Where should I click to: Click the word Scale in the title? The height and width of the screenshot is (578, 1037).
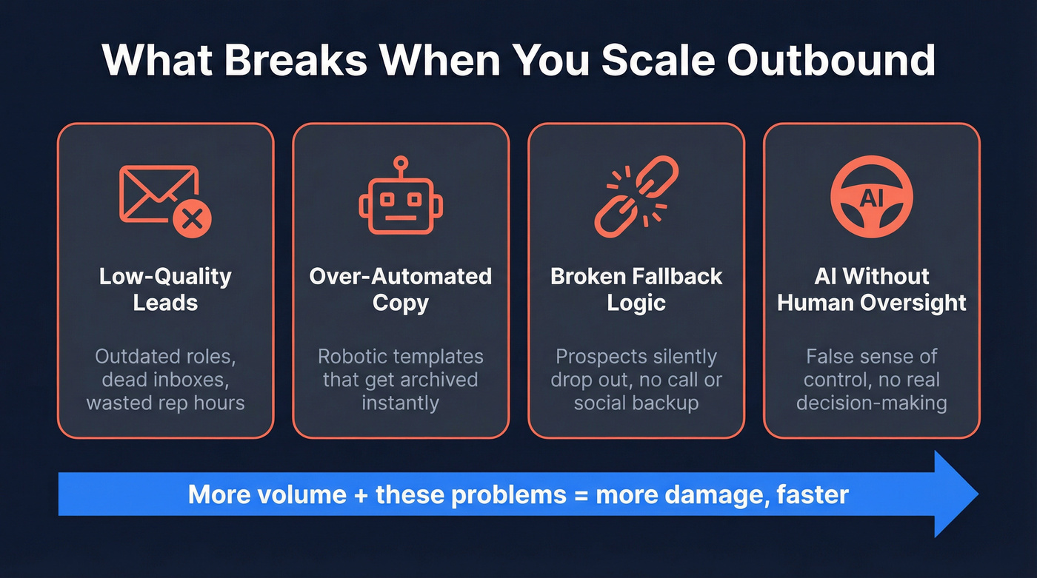(x=660, y=61)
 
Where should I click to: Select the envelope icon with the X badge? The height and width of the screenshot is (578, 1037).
(x=165, y=197)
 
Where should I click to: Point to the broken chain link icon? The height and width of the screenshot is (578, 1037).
(x=636, y=196)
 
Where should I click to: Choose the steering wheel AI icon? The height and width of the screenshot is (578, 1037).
(x=872, y=197)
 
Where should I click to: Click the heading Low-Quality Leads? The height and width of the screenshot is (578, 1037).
(x=165, y=289)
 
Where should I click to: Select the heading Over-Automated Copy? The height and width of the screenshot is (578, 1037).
(x=401, y=289)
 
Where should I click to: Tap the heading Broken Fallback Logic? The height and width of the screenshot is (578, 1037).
(x=636, y=289)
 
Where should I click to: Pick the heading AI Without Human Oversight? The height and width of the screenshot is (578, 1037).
(x=872, y=289)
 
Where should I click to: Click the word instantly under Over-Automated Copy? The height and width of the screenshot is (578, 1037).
(x=401, y=403)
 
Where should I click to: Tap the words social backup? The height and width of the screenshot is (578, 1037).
(x=636, y=403)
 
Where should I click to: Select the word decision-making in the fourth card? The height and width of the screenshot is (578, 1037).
(x=872, y=403)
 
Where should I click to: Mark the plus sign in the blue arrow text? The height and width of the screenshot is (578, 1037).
(x=361, y=494)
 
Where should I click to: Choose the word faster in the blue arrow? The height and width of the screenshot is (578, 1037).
(x=813, y=494)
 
